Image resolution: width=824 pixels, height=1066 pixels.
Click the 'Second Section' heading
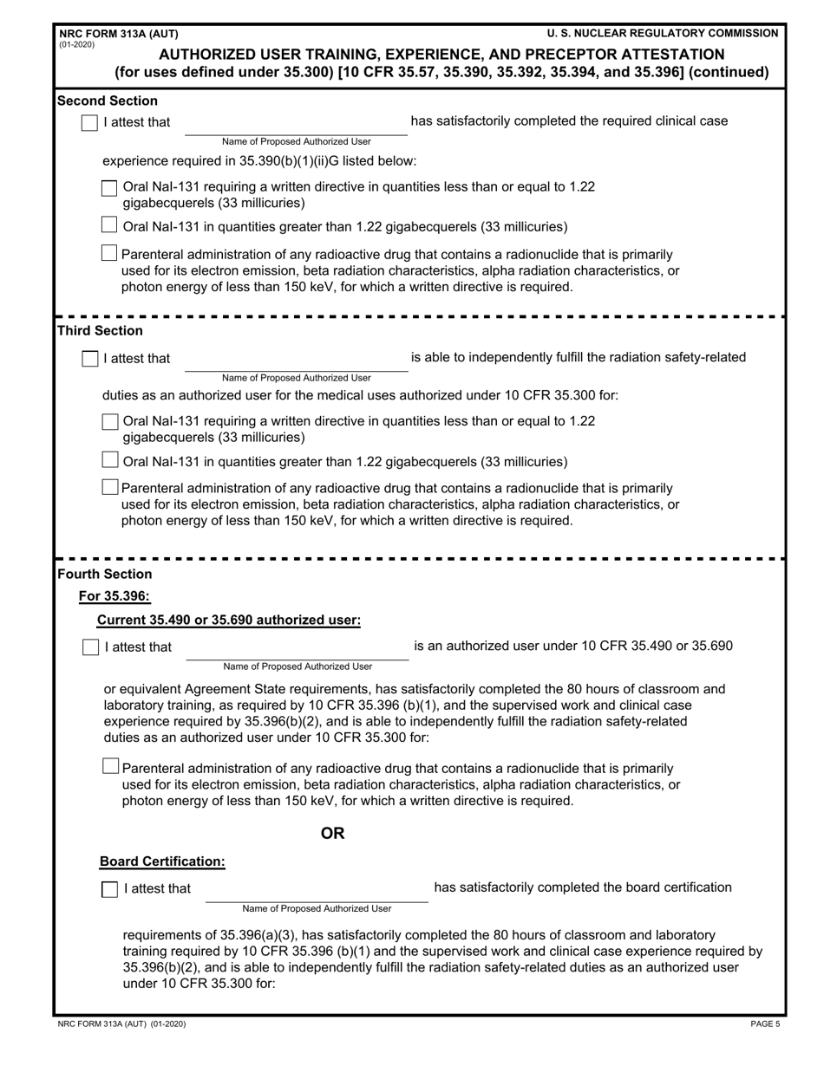(x=108, y=101)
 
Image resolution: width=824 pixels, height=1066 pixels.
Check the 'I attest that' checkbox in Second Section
(x=89, y=122)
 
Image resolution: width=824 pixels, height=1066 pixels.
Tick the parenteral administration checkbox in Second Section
(x=109, y=253)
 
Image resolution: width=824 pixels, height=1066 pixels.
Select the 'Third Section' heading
(x=100, y=331)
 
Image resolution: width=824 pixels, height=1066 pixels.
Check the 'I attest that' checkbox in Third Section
(x=89, y=359)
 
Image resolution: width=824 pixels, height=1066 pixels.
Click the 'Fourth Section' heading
(x=104, y=574)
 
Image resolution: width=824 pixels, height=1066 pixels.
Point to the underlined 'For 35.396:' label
(x=114, y=595)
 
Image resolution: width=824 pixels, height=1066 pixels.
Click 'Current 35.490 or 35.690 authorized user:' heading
(x=229, y=620)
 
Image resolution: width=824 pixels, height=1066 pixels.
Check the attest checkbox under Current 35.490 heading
(x=90, y=647)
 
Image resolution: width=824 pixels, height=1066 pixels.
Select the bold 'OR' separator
(x=333, y=834)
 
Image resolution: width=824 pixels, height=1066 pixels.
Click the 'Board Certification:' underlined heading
(x=162, y=861)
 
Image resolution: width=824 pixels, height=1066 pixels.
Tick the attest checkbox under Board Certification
(x=110, y=889)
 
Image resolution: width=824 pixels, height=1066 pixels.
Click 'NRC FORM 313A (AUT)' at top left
(x=118, y=34)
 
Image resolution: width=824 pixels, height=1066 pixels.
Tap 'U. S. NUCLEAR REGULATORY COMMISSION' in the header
(x=663, y=34)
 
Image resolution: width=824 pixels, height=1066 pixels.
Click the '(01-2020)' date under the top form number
(x=77, y=44)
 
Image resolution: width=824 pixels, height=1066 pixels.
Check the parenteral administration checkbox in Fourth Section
(x=110, y=766)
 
